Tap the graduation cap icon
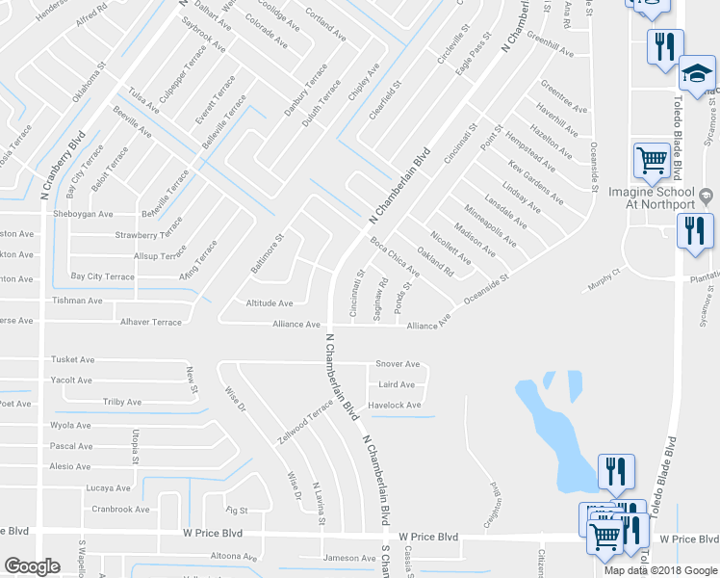[x=696, y=73]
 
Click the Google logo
[x=32, y=566]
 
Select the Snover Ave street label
[x=398, y=364]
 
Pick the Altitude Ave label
[x=270, y=302]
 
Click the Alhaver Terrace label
[x=150, y=323]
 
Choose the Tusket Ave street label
[x=73, y=359]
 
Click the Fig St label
[x=237, y=510]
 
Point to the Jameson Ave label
[x=349, y=558]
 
